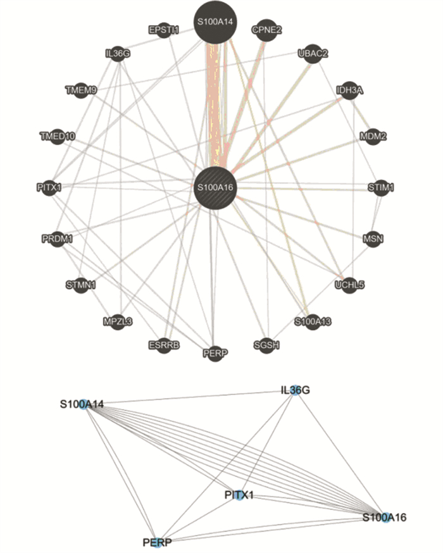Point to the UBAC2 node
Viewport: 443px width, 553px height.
coord(313,54)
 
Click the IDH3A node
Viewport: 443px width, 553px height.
coord(349,90)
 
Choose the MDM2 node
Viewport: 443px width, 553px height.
coord(373,136)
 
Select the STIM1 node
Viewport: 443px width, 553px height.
coord(381,187)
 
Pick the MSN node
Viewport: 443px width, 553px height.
coord(373,239)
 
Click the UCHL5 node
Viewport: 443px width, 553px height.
coord(349,285)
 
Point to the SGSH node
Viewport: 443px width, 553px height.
coord(266,345)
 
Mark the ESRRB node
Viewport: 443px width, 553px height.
coord(165,345)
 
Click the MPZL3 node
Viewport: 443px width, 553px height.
coord(118,321)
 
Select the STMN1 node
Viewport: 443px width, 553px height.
coord(81,285)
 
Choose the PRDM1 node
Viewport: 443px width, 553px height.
coord(58,239)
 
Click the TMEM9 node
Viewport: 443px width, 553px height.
coord(81,90)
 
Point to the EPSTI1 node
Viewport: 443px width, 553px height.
coord(164,30)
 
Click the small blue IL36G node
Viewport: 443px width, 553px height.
coord(295,391)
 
